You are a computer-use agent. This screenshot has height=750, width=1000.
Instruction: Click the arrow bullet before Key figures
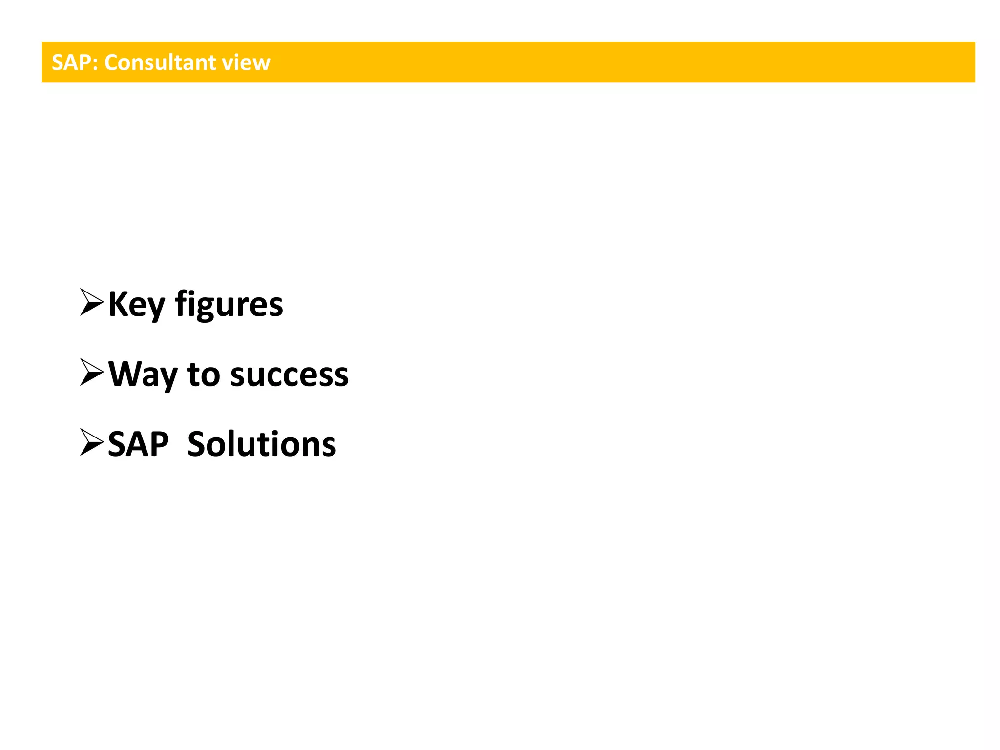coord(91,303)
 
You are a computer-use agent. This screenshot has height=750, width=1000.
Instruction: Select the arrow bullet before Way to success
coord(91,373)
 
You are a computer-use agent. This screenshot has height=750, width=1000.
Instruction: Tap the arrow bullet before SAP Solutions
coord(91,443)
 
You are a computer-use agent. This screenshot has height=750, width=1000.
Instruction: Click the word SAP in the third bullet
coord(138,444)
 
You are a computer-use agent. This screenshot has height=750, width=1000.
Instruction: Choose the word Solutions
coord(262,444)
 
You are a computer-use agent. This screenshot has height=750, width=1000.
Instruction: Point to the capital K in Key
coord(117,304)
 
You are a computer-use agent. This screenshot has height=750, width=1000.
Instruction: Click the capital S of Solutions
coord(197,444)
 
